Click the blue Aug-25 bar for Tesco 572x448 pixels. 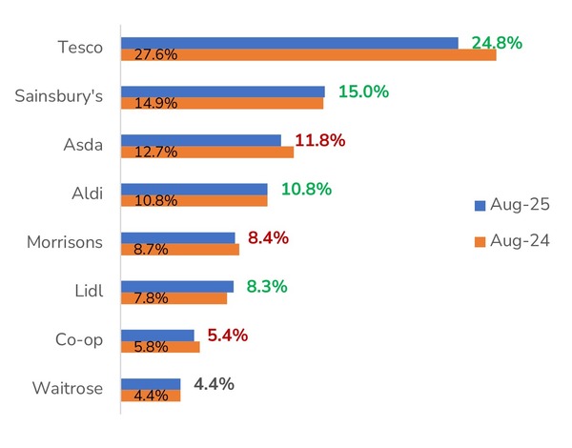(289, 43)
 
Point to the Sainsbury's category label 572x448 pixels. (59, 96)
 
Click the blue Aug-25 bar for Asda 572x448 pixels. (201, 140)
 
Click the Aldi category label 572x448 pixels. (86, 193)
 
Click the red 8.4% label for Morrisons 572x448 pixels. (270, 237)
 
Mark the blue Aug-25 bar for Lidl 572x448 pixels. (177, 286)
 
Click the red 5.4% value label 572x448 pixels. (228, 336)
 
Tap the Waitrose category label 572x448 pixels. (67, 389)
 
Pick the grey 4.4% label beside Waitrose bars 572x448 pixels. (214, 384)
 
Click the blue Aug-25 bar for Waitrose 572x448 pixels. (151, 384)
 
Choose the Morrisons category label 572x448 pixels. (65, 242)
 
